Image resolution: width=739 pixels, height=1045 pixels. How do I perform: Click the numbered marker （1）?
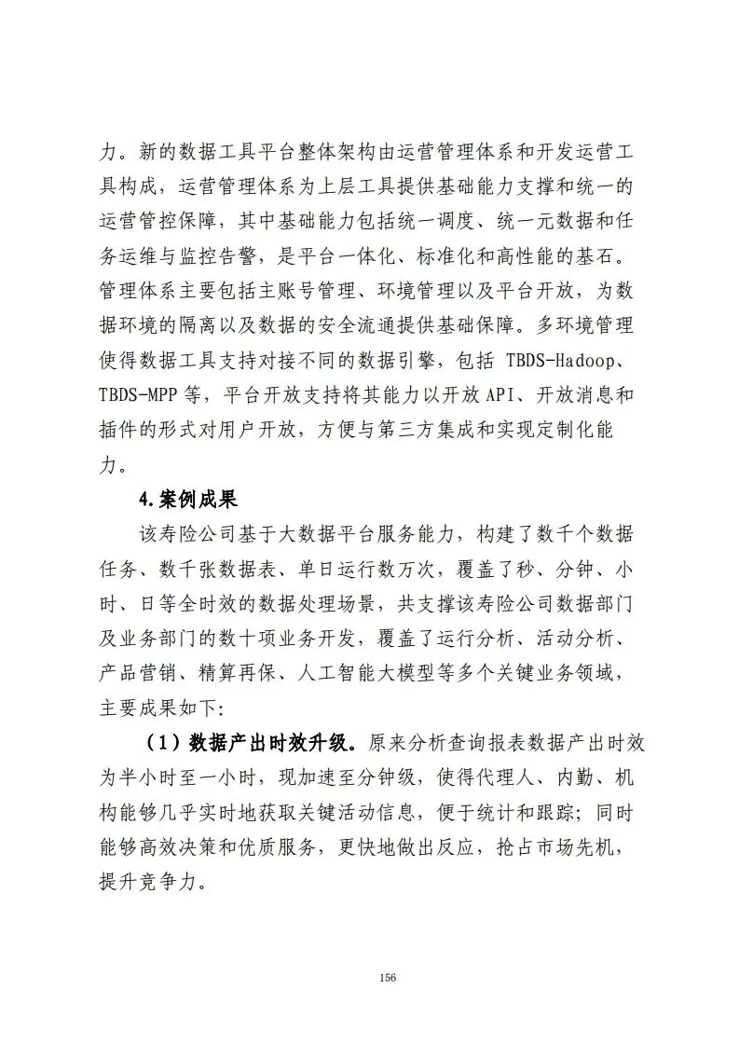pos(161,743)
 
